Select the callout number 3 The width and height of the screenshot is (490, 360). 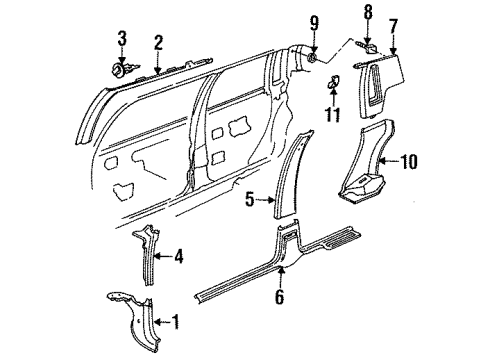click(x=122, y=39)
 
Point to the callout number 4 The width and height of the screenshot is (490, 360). click(x=178, y=257)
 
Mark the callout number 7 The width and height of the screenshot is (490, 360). click(x=393, y=22)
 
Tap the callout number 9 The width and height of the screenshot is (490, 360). click(x=313, y=22)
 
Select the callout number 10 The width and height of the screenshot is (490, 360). click(x=410, y=159)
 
